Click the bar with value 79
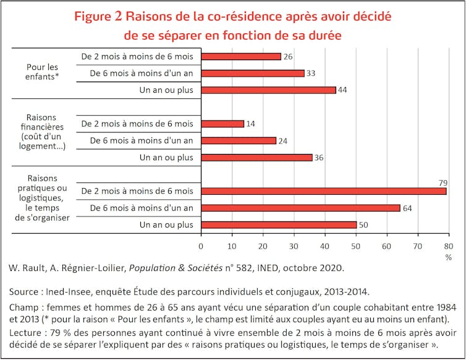pyautogui.click(x=324, y=191)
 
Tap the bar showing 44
pyautogui.click(x=269, y=90)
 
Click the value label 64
pyautogui.click(x=407, y=208)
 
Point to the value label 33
pyautogui.click(x=311, y=73)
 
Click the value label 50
pyautogui.click(x=363, y=225)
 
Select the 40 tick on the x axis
pyautogui.click(x=325, y=246)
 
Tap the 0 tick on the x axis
pyautogui.click(x=201, y=246)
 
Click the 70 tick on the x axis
pyautogui.click(x=418, y=246)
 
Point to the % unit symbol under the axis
pyautogui.click(x=449, y=257)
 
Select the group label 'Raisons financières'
pyautogui.click(x=43, y=131)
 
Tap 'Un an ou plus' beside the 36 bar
pyautogui.click(x=166, y=157)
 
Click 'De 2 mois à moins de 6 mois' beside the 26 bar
pyautogui.click(x=137, y=56)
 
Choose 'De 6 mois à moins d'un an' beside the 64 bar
pyautogui.click(x=142, y=208)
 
